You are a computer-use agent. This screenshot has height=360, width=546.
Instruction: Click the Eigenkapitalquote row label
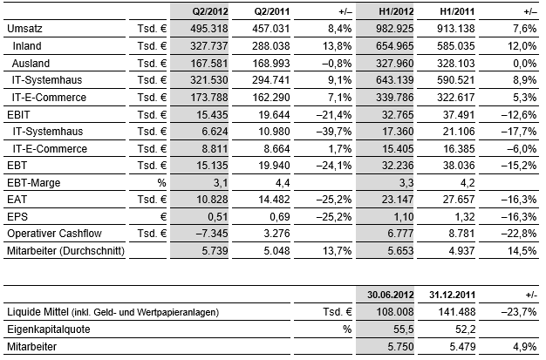49,329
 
